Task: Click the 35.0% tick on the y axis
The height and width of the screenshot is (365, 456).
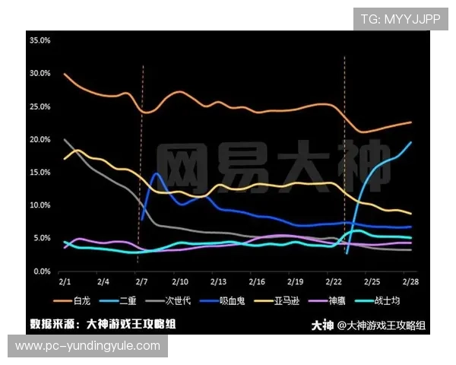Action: tap(40, 40)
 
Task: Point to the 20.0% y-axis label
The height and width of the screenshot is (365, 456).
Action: tap(40, 139)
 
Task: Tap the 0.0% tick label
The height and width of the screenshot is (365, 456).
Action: tap(41, 271)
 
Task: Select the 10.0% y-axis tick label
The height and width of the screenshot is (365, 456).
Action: tap(40, 205)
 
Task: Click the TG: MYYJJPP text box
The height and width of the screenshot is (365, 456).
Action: tap(401, 18)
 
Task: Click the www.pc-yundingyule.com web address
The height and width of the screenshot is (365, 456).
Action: tap(87, 346)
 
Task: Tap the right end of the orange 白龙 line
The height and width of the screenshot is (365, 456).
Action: tap(411, 122)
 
